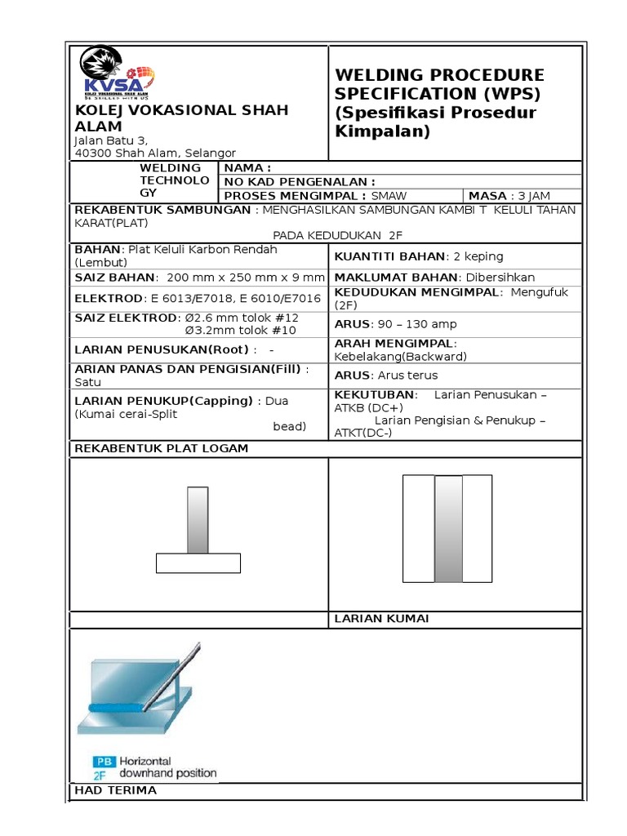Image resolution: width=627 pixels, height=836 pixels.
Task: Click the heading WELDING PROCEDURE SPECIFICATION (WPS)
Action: point(439,84)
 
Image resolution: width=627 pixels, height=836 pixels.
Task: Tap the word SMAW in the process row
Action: point(389,196)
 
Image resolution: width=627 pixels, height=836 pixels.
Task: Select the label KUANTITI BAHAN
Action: point(389,256)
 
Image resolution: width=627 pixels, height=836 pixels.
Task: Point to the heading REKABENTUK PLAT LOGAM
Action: point(162,448)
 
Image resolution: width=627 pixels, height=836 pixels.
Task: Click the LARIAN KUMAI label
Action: point(381,619)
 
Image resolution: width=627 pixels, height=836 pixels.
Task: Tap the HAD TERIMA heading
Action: point(115,790)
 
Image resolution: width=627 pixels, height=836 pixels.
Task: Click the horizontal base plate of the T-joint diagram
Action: point(198,563)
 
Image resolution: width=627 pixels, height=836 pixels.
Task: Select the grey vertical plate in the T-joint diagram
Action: point(198,520)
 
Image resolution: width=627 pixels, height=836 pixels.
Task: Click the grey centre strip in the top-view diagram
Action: point(448,529)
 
